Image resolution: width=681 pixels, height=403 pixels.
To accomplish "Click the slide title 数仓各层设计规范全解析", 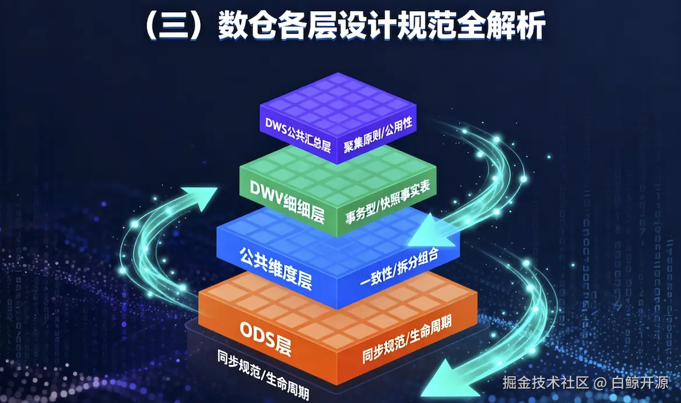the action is [382, 27].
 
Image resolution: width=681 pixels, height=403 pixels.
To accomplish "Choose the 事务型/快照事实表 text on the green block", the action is [391, 201].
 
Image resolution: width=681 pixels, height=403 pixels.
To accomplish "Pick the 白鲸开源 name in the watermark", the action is [640, 383].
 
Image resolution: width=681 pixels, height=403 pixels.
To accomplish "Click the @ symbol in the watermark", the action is [600, 383].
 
